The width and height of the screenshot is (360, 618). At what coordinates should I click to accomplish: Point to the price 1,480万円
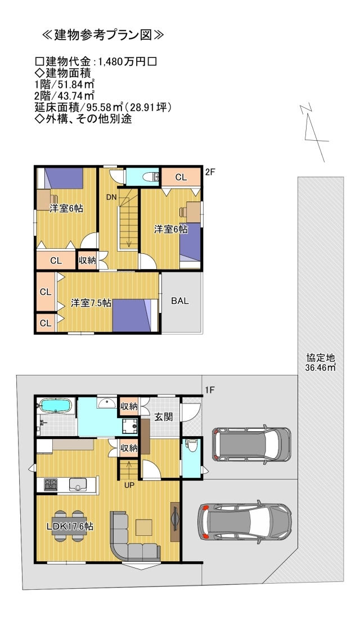pyautogui.click(x=123, y=61)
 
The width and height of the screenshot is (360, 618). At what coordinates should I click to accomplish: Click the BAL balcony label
pyautogui.click(x=180, y=301)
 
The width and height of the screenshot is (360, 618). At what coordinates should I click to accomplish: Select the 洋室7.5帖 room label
pyautogui.click(x=91, y=303)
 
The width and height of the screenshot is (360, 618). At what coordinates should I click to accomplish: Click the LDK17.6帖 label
pyautogui.click(x=70, y=526)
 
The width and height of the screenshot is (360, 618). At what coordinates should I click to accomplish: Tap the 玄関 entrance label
pyautogui.click(x=164, y=417)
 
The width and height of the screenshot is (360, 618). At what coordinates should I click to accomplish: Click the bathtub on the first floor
pyautogui.click(x=55, y=406)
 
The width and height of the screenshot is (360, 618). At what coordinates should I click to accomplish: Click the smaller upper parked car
pyautogui.click(x=251, y=444)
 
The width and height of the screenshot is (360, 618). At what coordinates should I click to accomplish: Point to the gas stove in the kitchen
pyautogui.click(x=48, y=484)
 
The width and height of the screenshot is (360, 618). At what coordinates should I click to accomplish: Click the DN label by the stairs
pyautogui.click(x=111, y=197)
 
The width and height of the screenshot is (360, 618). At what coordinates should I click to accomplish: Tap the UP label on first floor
pyautogui.click(x=129, y=484)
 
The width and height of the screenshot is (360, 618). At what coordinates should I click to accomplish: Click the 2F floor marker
pyautogui.click(x=210, y=172)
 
